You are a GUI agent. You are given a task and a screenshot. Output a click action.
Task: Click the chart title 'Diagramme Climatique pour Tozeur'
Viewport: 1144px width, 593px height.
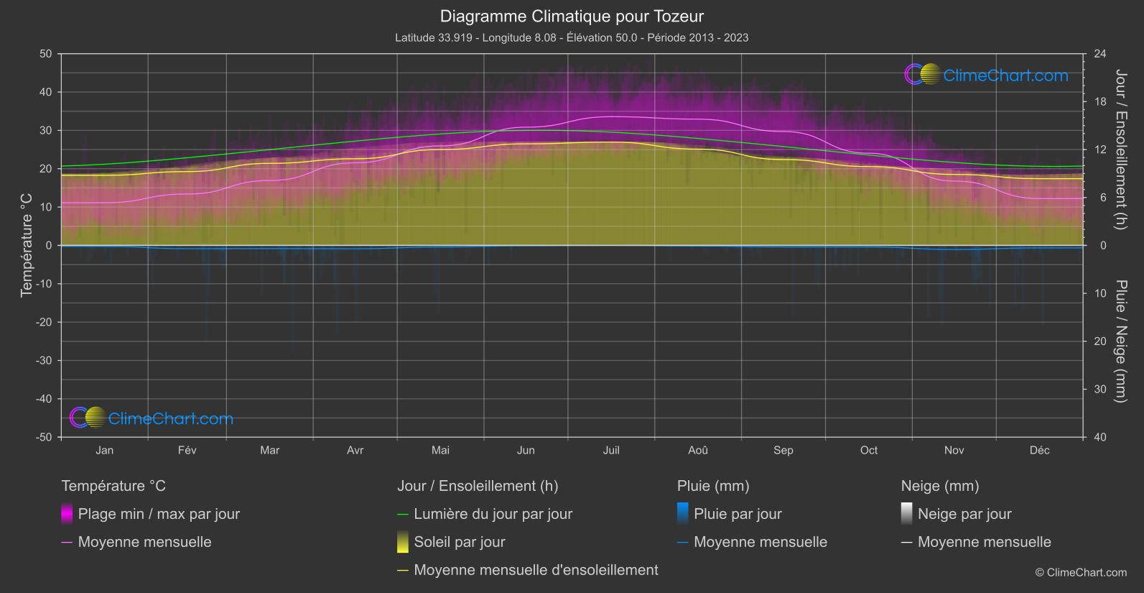[572, 17]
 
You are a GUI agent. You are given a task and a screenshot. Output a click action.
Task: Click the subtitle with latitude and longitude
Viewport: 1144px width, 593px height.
[572, 37]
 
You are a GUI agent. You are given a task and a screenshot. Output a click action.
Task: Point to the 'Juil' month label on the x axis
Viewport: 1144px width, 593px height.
[611, 450]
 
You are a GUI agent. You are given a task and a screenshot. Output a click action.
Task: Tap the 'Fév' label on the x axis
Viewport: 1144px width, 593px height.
[187, 450]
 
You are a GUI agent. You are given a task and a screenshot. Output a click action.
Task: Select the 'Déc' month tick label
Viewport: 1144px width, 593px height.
[1039, 450]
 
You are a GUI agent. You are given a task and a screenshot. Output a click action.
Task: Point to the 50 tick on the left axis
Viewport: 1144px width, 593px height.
[46, 54]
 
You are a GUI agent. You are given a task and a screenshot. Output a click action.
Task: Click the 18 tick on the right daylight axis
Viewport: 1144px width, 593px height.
[1100, 101]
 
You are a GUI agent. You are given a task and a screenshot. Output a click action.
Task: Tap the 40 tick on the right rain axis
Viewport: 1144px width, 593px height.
[1100, 437]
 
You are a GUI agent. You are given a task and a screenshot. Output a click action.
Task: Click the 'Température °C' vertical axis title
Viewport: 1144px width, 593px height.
[27, 245]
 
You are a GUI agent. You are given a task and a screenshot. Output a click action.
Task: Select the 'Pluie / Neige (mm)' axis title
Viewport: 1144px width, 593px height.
[1120, 341]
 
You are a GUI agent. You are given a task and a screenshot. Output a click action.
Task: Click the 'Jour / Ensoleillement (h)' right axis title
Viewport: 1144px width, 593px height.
[1120, 150]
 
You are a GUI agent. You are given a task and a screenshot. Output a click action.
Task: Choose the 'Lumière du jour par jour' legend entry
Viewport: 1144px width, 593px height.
[493, 514]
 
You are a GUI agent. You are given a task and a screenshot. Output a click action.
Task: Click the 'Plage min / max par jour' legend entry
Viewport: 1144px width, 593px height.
[159, 514]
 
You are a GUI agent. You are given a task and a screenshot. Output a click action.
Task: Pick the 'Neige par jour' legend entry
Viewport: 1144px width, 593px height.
[964, 514]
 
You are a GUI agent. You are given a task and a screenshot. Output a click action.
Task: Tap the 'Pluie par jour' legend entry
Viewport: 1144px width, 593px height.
[738, 514]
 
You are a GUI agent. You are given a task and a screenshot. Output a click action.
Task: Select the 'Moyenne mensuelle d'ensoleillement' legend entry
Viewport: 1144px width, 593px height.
[536, 570]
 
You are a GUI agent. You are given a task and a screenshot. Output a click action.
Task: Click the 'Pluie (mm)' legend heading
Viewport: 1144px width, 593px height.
[713, 486]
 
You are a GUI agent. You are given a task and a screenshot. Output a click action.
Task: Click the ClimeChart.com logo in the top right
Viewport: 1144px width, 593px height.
[987, 75]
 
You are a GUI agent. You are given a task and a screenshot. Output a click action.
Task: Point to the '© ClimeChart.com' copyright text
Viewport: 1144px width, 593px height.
[1081, 573]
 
